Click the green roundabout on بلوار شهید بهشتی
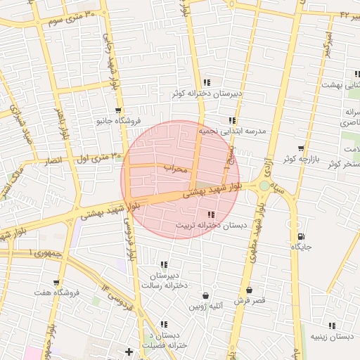tap(264, 186)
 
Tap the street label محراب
tap(176, 169)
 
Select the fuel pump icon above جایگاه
tap(301, 236)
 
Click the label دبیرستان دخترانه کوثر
tap(208, 94)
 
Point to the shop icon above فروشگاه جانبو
tap(119, 110)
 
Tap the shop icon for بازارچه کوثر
tap(301, 148)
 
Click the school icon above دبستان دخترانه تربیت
tap(211, 214)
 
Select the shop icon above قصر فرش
tap(249, 290)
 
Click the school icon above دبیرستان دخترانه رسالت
tap(164, 265)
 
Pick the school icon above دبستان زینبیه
tap(332, 326)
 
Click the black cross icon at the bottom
tap(129, 352)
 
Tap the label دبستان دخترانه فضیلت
tap(164, 340)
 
